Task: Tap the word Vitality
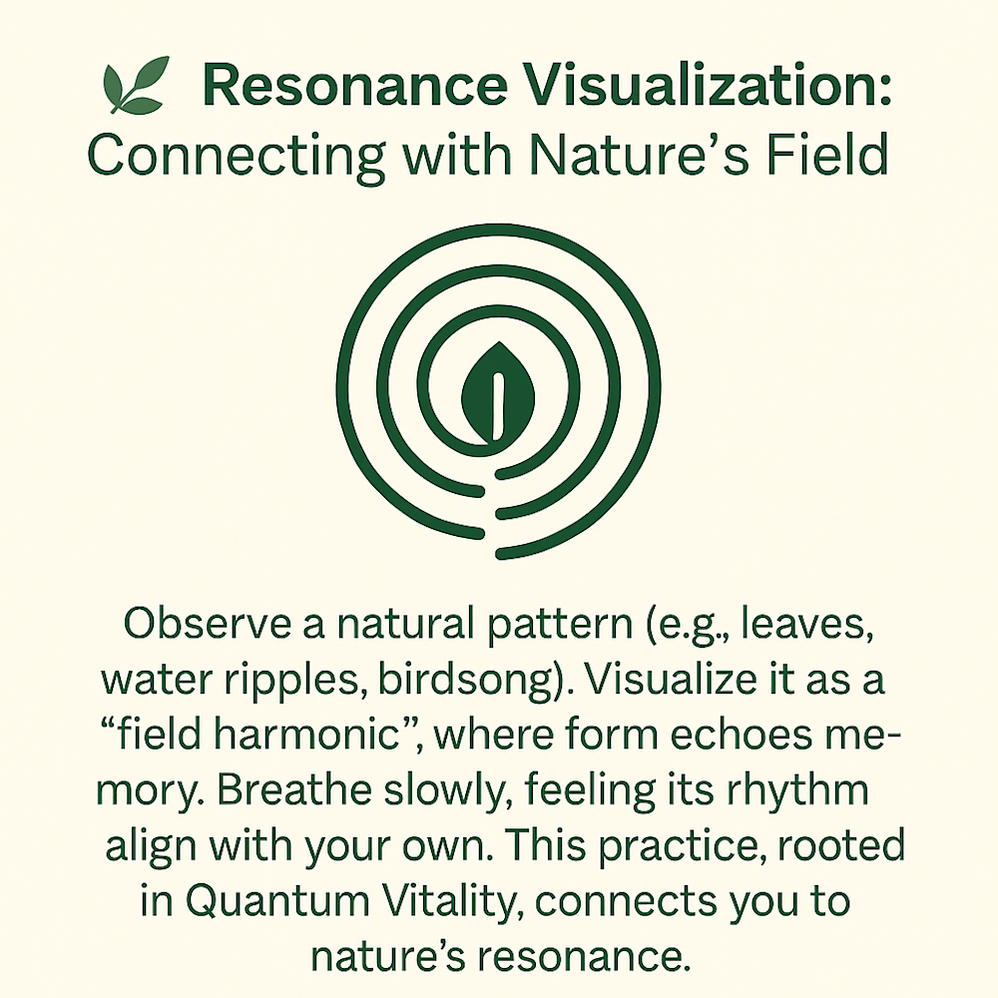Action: pos(441,901)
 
